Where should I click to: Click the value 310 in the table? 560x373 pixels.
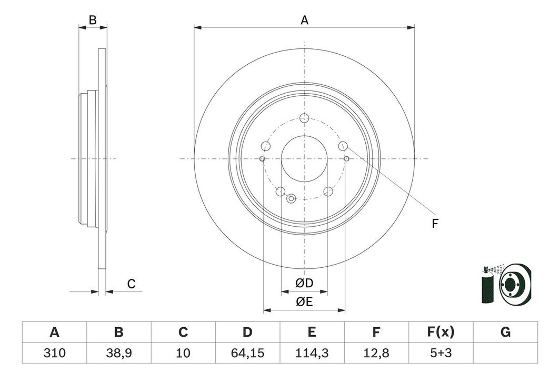(54, 353)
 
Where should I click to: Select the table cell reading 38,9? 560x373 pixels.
(118, 353)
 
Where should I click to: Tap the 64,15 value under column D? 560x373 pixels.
(247, 353)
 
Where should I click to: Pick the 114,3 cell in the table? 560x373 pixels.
(312, 353)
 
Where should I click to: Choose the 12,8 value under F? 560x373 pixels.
(376, 353)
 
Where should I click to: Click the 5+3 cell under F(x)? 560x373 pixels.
(441, 353)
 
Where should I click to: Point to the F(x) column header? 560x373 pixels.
(441, 332)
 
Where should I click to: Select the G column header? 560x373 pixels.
(505, 332)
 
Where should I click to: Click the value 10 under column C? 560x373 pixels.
(183, 353)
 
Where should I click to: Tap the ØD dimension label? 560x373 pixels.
(304, 283)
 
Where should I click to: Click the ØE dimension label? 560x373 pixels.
(304, 302)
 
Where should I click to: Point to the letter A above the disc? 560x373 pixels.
(304, 21)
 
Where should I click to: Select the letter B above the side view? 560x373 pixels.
(93, 21)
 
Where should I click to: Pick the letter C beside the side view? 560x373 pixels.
(132, 284)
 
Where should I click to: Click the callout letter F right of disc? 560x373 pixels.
(435, 224)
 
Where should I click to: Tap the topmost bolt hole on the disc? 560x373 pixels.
(304, 117)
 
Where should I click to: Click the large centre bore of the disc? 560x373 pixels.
(304, 159)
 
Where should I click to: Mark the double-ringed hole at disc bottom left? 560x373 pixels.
(292, 198)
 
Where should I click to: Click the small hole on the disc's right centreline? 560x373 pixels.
(346, 158)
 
